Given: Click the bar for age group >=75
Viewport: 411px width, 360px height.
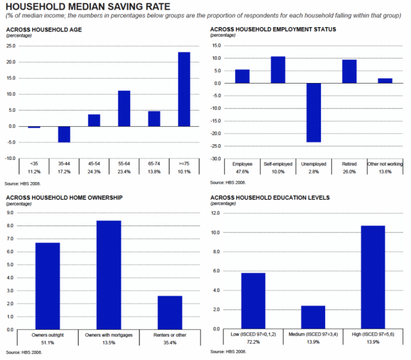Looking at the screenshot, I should click(184, 89).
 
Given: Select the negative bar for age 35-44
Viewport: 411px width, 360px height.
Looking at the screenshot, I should click(64, 134).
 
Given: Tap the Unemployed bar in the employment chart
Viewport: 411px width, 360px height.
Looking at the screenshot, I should click(314, 112).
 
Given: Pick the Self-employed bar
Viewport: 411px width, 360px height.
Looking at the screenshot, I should click(278, 70).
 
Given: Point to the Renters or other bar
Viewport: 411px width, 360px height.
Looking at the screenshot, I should click(170, 313).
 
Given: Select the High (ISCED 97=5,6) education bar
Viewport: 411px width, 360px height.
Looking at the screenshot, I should click(373, 277).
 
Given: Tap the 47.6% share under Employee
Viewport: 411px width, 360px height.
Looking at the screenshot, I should click(242, 171).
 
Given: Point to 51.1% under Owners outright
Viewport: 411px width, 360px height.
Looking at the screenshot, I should click(47, 343).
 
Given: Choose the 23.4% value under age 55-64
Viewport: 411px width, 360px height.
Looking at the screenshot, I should click(124, 171).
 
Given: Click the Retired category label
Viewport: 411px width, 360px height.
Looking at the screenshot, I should click(349, 163).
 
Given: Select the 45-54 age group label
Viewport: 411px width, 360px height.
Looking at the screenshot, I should click(94, 163).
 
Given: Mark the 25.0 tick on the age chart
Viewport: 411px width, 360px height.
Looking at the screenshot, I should click(11, 46).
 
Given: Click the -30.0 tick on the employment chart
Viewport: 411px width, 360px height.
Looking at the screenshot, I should click(215, 159).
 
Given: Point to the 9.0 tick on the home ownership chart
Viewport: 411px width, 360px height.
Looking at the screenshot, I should click(9, 212).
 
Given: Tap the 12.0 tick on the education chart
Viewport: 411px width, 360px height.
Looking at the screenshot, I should click(216, 213).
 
